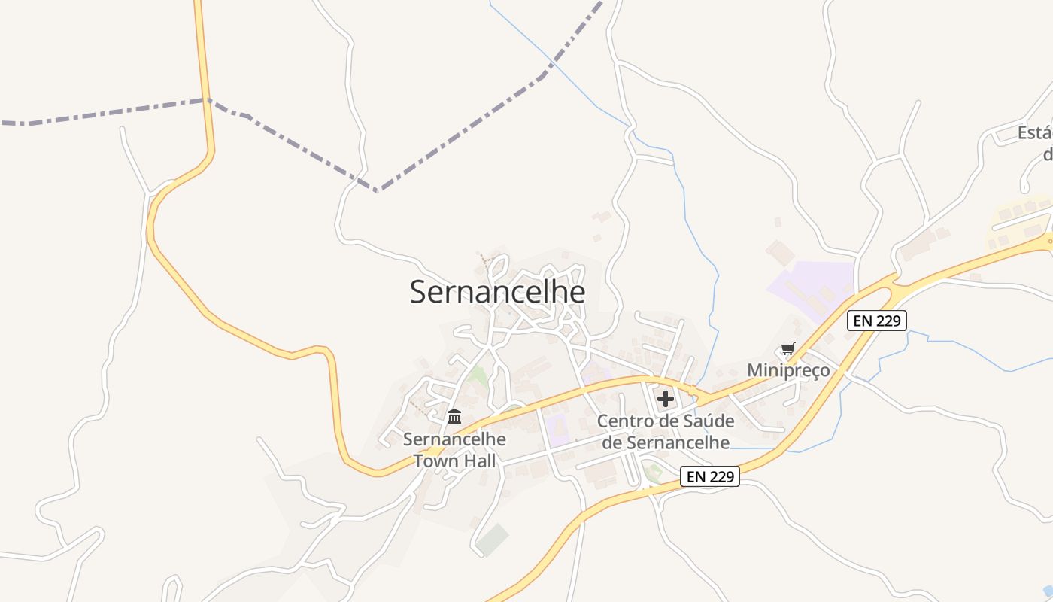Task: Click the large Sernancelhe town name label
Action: point(497,292)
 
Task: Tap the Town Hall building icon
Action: point(454,416)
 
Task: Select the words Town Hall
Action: point(454,460)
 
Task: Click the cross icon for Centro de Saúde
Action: point(666,399)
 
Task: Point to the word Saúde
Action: point(686,421)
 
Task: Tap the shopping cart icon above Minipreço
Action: point(787,349)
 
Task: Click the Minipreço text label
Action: point(788,370)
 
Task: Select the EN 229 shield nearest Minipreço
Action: point(877,320)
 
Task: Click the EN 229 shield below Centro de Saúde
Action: point(710,476)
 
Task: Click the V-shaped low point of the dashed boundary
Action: point(378,190)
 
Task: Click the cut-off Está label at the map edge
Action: point(1034,134)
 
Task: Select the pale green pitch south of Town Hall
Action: point(492,540)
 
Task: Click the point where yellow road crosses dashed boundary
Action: point(204,99)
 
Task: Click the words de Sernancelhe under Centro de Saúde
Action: point(666,442)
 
